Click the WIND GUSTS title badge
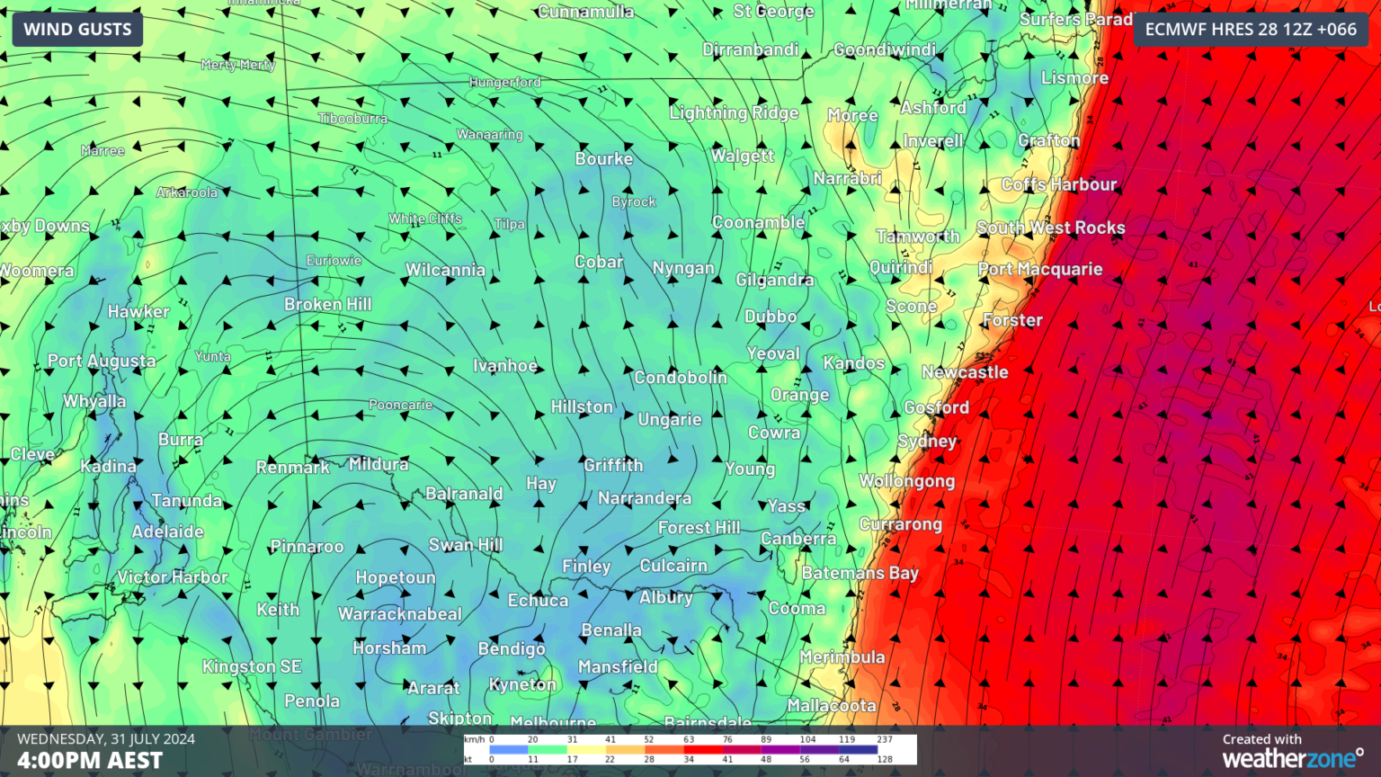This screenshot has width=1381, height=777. pyautogui.click(x=77, y=30)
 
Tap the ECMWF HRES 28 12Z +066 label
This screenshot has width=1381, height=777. pyautogui.click(x=1251, y=30)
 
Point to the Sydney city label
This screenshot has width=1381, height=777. pyautogui.click(x=927, y=442)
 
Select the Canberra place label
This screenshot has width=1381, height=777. pyautogui.click(x=798, y=539)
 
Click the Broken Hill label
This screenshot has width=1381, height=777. pyautogui.click(x=328, y=305)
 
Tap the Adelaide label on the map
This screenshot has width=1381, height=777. pyautogui.click(x=167, y=531)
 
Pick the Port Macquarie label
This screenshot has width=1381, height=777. pyautogui.click(x=1040, y=269)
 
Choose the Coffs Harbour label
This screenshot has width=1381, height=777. pyautogui.click(x=1059, y=184)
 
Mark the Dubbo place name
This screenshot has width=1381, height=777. pyautogui.click(x=771, y=317)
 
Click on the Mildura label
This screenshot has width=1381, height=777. pyautogui.click(x=379, y=464)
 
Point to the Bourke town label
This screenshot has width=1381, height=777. pyautogui.click(x=604, y=159)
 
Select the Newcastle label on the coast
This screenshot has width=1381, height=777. pyautogui.click(x=965, y=372)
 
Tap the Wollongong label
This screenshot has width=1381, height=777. pyautogui.click(x=906, y=481)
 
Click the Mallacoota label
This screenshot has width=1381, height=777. pyautogui.click(x=832, y=706)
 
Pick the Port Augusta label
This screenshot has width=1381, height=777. pyautogui.click(x=102, y=361)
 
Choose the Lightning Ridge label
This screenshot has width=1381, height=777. pyautogui.click(x=734, y=112)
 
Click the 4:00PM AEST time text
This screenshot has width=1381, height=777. pyautogui.click(x=90, y=760)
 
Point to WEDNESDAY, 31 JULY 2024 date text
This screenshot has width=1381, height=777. pyautogui.click(x=106, y=739)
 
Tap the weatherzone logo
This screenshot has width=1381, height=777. pyautogui.click(x=1292, y=759)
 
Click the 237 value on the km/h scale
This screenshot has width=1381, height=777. pyautogui.click(x=885, y=739)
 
